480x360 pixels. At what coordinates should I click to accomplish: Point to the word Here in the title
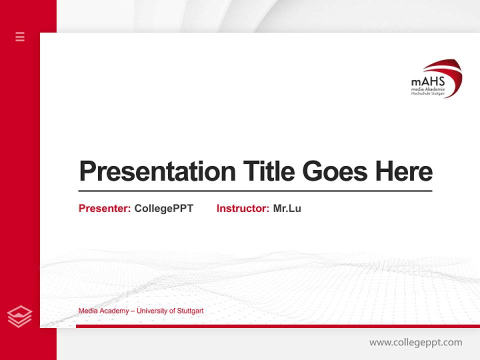(404, 171)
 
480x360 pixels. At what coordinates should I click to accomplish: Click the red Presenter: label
(104, 208)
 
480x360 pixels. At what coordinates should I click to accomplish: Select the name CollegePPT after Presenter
(163, 208)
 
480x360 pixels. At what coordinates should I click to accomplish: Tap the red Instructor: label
(242, 208)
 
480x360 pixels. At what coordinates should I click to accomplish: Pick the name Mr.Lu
(287, 208)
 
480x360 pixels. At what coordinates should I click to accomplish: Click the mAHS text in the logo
(427, 81)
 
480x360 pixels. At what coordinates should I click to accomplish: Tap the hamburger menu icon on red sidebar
(20, 36)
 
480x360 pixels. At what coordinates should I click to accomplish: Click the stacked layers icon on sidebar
(20, 316)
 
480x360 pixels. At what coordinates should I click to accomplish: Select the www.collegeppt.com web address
(415, 342)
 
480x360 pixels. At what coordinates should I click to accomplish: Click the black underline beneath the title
(255, 190)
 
